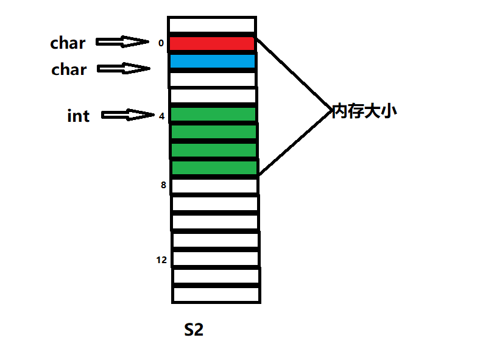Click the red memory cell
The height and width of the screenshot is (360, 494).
211,44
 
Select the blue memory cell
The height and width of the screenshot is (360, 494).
212,62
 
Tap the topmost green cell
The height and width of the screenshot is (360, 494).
213,115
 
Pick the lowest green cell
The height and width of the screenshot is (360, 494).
214,168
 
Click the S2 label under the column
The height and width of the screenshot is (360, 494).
194,330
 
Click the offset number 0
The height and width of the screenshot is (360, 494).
161,43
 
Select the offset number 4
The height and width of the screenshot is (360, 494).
161,115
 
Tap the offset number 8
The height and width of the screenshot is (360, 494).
163,185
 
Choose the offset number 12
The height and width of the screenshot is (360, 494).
161,260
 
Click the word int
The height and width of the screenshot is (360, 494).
78,116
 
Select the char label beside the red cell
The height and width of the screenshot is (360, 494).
68,43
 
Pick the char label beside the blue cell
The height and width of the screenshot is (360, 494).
69,69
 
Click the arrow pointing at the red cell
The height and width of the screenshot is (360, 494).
122,42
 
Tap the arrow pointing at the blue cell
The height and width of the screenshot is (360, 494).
124,68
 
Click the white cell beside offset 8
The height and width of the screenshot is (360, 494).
214,186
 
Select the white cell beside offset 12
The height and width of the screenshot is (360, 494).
216,258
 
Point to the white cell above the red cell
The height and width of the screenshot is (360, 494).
211,25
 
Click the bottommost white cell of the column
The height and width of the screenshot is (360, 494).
216,294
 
